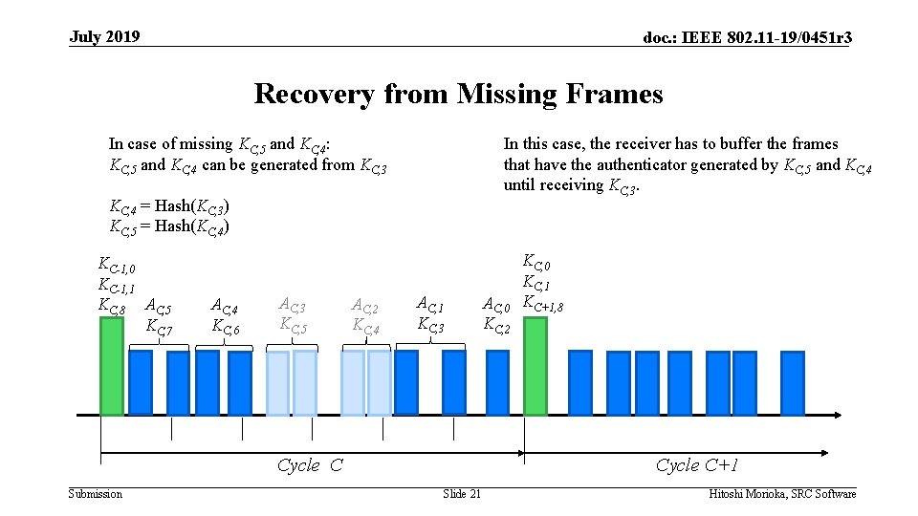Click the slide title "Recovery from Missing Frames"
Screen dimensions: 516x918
click(x=458, y=95)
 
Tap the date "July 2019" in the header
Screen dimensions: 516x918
click(x=104, y=37)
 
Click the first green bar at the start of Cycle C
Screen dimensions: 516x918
click(x=112, y=366)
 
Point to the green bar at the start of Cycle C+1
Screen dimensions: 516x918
click(x=535, y=366)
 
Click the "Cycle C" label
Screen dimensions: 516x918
click(x=310, y=465)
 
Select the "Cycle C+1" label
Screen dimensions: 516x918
click(x=697, y=465)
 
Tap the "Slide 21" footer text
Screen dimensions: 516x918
click(x=462, y=493)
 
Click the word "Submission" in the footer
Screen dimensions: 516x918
click(x=96, y=493)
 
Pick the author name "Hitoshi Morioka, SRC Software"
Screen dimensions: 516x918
click(x=782, y=493)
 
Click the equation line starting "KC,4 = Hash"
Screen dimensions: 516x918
click(x=169, y=206)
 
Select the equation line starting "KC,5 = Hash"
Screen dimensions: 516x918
click(x=169, y=226)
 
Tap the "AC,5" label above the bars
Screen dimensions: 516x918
click(x=157, y=308)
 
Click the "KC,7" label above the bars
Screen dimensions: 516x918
click(x=159, y=328)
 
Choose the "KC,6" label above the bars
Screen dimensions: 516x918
click(x=226, y=328)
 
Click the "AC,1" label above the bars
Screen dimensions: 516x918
click(x=431, y=304)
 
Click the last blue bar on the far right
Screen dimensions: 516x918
click(x=792, y=383)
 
